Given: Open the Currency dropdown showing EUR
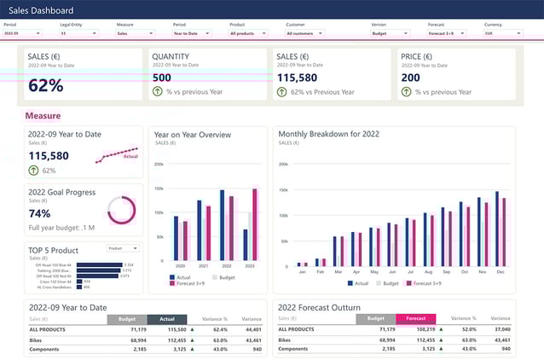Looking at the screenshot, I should tap(503, 33).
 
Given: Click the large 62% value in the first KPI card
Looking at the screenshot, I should tap(46, 85).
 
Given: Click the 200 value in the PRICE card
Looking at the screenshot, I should tap(411, 77).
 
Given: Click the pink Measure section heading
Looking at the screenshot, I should tap(43, 115).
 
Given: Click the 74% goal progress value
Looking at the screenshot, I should tap(39, 213).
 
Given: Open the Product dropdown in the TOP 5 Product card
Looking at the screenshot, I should tap(123, 248).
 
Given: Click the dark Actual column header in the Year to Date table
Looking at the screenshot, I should tap(166, 319).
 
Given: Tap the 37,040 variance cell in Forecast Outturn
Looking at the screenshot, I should tap(501, 328).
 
